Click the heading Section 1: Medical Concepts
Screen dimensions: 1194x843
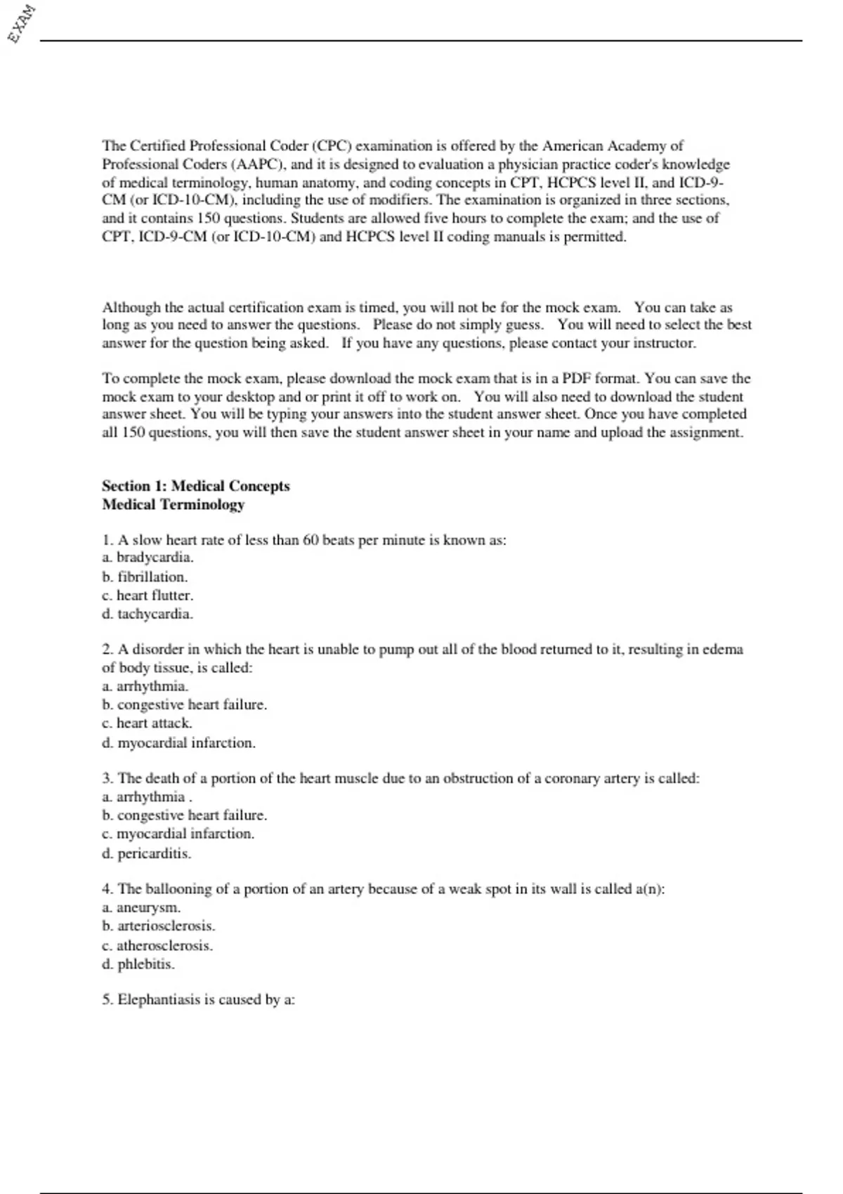tap(195, 486)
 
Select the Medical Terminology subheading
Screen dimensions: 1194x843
tap(173, 504)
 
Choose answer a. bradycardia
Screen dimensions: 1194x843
tap(148, 558)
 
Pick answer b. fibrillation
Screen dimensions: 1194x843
tap(145, 577)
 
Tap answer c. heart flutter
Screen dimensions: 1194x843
tap(148, 596)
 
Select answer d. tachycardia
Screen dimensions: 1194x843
tap(148, 614)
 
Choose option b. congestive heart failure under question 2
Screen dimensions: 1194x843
tap(184, 704)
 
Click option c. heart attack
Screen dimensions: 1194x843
tap(147, 723)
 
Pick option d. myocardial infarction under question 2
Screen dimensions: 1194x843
tap(178, 743)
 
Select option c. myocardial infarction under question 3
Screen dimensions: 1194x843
tap(178, 834)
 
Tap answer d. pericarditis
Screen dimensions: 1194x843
tap(146, 854)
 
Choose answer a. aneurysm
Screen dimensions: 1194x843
tap(141, 907)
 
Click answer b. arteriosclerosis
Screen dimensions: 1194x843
tap(158, 926)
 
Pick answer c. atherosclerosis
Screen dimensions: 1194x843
tap(157, 945)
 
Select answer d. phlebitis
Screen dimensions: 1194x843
tap(138, 964)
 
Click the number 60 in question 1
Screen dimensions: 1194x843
tap(311, 540)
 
